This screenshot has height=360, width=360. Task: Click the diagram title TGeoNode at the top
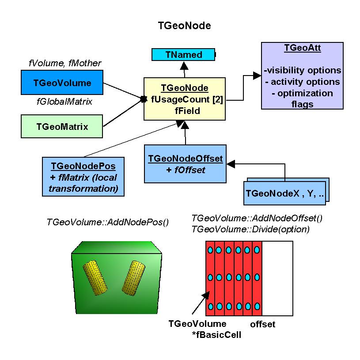click(184, 26)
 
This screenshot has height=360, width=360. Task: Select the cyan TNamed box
click(184, 55)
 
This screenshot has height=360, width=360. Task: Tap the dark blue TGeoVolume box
click(62, 83)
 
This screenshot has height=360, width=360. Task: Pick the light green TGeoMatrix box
click(62, 127)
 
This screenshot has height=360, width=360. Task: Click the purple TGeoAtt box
click(302, 75)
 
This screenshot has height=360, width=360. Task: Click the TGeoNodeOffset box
click(186, 163)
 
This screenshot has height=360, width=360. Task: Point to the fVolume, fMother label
click(65, 63)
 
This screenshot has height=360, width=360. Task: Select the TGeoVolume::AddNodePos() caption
click(108, 222)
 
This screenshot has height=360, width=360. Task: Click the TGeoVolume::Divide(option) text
click(250, 230)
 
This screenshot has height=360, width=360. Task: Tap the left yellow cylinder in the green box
click(97, 277)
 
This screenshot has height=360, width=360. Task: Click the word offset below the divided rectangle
click(262, 325)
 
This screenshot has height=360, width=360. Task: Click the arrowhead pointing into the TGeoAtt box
click(257, 76)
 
